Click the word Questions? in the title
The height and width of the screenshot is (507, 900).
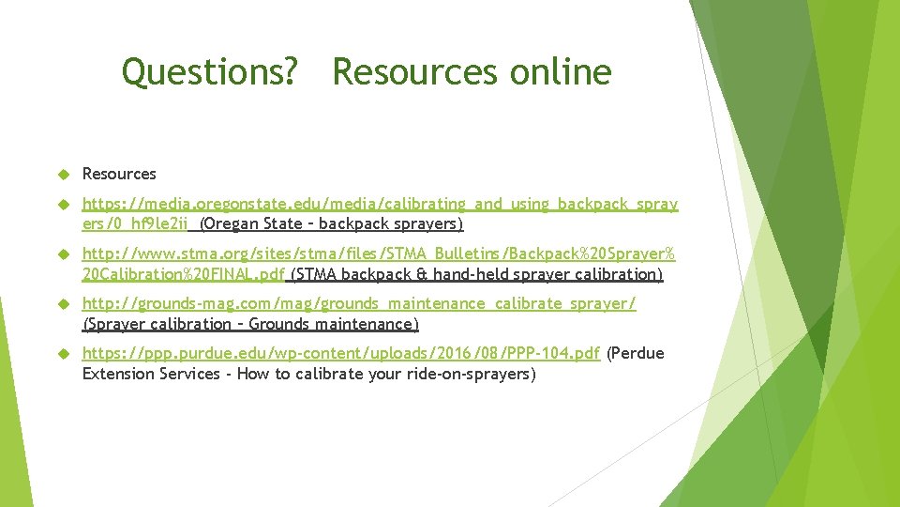(210, 72)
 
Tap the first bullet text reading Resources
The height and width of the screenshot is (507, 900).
(119, 174)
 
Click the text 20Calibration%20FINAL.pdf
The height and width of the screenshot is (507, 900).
(184, 275)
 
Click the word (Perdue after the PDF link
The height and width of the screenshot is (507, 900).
(636, 354)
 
